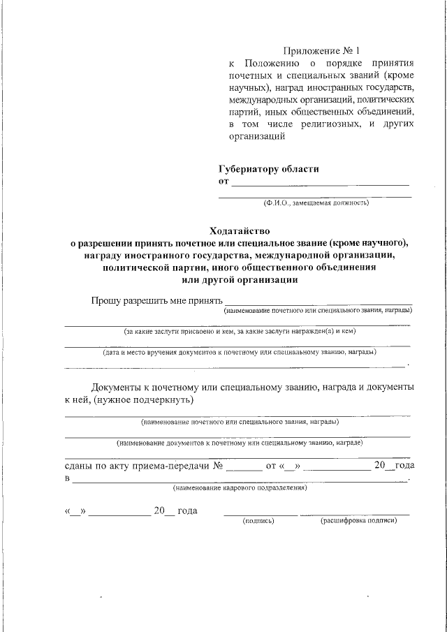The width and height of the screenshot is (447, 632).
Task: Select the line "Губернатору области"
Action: (269, 169)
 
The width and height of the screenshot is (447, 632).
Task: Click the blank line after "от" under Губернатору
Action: (320, 183)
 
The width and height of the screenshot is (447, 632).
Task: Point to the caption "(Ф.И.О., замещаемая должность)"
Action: (316, 203)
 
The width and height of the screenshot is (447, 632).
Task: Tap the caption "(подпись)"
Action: (258, 521)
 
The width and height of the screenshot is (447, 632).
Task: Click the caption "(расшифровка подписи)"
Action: (358, 521)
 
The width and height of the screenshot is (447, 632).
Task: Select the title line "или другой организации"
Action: (239, 280)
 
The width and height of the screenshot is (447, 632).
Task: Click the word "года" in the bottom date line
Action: (187, 511)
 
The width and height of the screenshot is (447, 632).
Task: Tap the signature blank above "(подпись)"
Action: (259, 513)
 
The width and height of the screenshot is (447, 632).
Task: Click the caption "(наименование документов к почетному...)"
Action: (240, 443)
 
